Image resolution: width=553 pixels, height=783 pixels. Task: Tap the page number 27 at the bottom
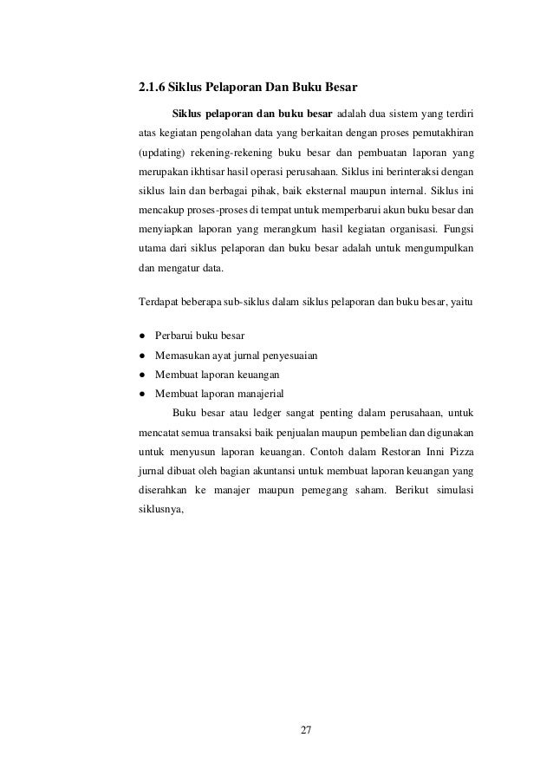(305, 726)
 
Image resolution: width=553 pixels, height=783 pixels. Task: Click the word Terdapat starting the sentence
(159, 301)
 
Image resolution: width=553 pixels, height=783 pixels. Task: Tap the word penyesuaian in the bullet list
(279, 355)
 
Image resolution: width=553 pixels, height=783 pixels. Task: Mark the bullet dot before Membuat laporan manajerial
(141, 393)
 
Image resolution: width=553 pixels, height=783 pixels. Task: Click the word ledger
(245, 412)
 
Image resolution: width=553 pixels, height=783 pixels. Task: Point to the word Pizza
(463, 450)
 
